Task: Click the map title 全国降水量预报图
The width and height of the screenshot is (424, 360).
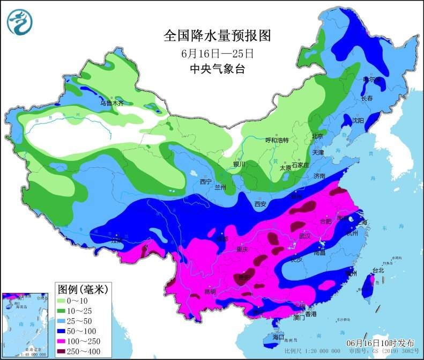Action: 217,36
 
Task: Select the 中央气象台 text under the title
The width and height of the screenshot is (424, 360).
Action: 217,69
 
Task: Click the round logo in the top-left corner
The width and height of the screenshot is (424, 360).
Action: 20,22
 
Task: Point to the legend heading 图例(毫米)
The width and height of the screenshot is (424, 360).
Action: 83,289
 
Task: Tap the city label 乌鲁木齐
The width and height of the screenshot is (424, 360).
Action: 111,103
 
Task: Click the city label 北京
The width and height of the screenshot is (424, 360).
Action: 317,136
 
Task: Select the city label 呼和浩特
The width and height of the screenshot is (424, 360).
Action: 277,141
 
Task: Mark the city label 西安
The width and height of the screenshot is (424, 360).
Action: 261,203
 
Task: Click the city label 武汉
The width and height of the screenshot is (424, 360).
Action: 305,236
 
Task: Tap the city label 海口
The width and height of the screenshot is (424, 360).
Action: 278,337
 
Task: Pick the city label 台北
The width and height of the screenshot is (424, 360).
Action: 378,270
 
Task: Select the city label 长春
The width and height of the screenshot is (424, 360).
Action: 367,99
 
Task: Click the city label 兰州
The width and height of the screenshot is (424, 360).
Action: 220,187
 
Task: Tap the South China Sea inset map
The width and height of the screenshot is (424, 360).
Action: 27,325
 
